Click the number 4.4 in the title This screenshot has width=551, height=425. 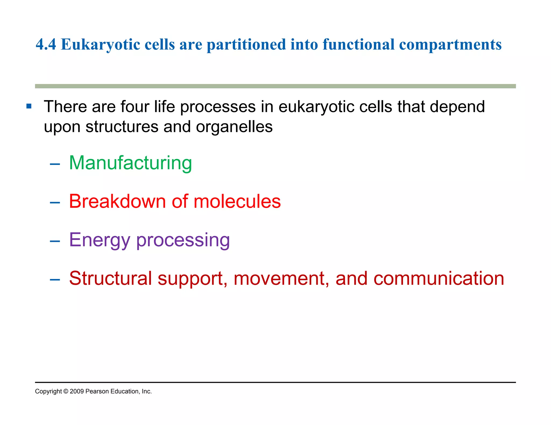pos(46,44)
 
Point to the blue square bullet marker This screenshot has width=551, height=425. pos(29,106)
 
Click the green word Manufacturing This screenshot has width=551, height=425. pos(130,163)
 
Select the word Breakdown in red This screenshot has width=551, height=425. pos(117,201)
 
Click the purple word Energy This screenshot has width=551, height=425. pos(100,240)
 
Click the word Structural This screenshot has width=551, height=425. pos(110,278)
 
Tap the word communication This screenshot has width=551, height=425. pos(439,278)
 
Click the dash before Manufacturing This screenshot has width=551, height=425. pos(55,164)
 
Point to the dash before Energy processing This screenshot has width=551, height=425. pos(55,241)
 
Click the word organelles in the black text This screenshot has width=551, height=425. pos(234,127)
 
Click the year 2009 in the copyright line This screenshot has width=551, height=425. pos(77,391)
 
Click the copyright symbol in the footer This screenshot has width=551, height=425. pos(66,391)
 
